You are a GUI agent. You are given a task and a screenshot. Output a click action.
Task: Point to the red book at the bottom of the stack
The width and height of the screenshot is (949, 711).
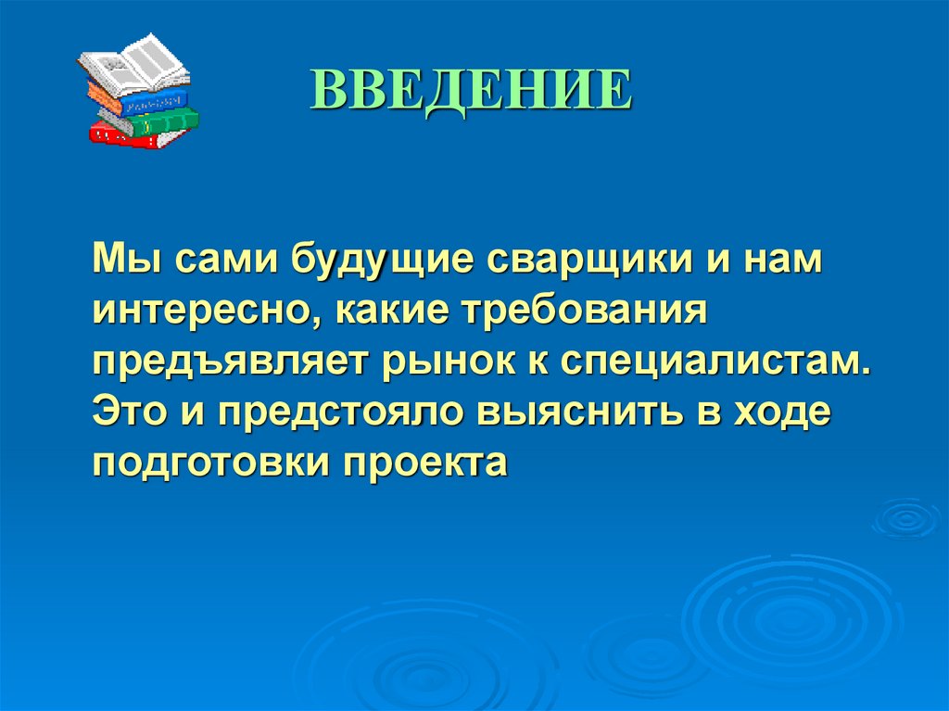130,134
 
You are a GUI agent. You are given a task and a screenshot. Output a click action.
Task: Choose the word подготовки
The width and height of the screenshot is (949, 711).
209,462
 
